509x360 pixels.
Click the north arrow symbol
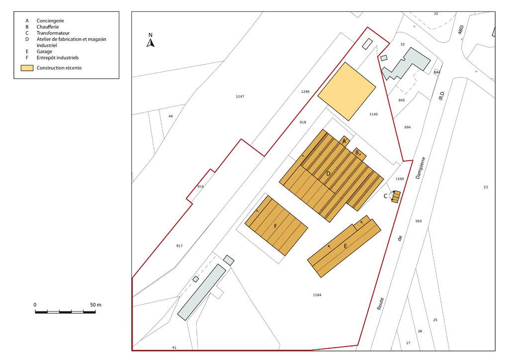150,43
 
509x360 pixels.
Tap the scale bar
65,312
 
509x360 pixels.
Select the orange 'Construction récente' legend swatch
27,68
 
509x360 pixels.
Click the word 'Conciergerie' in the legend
50,21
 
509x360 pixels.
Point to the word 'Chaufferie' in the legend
48,27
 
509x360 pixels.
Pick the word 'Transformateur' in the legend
53,33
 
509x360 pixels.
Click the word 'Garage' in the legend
44,52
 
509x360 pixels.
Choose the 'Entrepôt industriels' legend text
58,58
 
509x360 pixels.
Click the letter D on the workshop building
328,174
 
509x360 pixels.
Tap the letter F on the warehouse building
275,226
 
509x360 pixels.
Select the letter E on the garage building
345,246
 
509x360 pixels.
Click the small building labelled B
359,154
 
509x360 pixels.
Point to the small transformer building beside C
396,197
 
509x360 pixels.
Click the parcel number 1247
240,96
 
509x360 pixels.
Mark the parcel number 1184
317,295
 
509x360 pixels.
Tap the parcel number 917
179,246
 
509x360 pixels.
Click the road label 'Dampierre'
421,168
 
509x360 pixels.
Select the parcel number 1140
374,114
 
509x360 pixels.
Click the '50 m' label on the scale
96,305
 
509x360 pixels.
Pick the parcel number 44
171,116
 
